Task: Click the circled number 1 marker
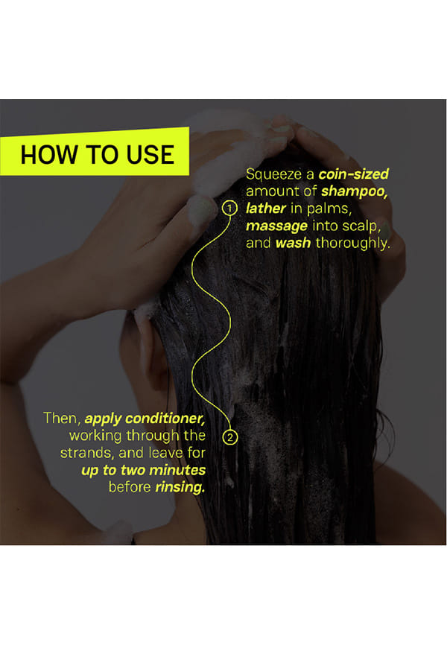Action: pos(229,208)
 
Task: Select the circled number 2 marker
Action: pos(230,437)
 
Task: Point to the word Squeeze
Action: pos(274,175)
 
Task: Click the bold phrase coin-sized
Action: pos(354,174)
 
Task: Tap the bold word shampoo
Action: pos(354,191)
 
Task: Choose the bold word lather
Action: pos(265,208)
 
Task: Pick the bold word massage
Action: pos(276,226)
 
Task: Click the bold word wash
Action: pos(293,243)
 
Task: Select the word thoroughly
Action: pos(352,243)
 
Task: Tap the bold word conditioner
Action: pos(165,419)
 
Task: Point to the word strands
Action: pos(86,453)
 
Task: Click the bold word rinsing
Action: pos(180,487)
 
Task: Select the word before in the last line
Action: pos(130,487)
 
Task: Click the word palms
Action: pos(329,209)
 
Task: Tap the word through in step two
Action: pos(153,436)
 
